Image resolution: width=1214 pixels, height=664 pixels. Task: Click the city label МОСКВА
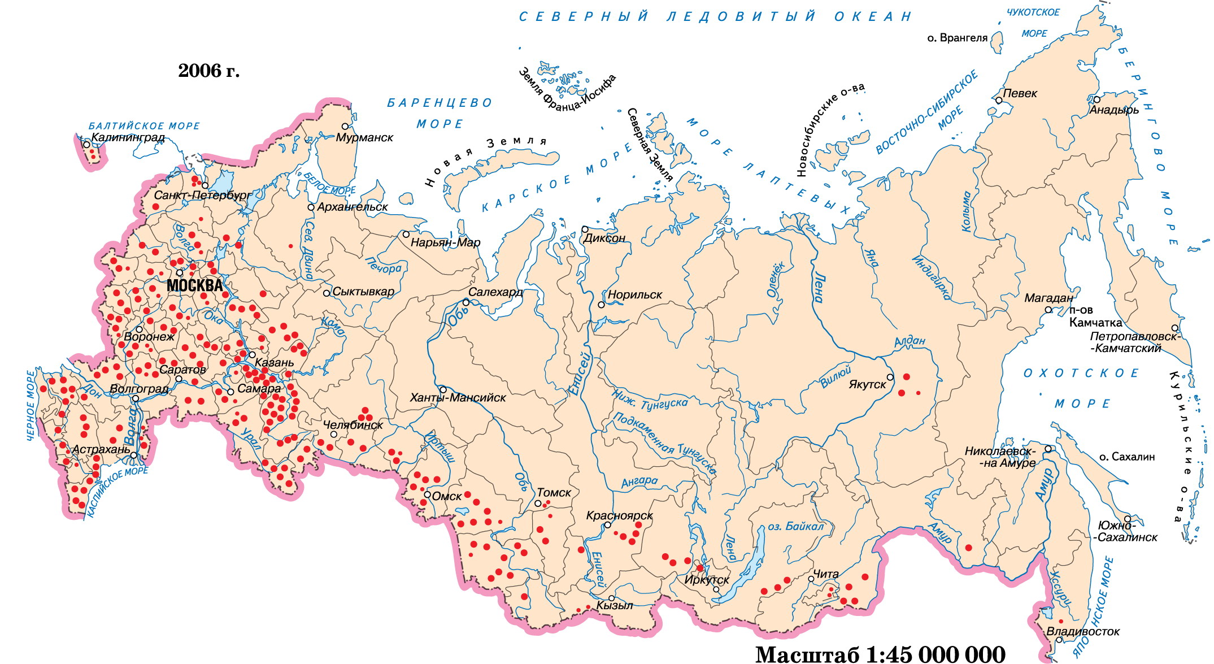pos(194,285)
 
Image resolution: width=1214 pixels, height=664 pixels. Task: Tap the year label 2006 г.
pos(208,71)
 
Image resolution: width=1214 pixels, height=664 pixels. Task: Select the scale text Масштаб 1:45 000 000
pos(880,654)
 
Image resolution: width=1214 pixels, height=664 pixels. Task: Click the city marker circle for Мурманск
pos(345,127)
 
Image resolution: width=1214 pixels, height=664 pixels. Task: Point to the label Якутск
pos(868,385)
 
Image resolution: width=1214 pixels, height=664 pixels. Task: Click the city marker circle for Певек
pos(999,101)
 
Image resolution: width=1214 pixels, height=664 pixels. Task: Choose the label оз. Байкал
pos(795,527)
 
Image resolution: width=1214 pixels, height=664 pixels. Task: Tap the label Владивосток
pos(1082,632)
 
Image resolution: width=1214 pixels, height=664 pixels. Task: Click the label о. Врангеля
pos(957,38)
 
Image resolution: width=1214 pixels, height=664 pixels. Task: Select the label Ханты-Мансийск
pos(458,398)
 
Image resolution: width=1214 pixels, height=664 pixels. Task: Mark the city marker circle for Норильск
pos(602,305)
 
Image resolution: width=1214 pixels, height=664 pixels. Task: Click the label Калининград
pos(128,137)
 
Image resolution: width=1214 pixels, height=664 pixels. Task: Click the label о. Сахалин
pos(1126,457)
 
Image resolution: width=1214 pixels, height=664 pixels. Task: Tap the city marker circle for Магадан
pos(1048,310)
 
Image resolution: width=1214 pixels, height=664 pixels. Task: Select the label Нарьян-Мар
pos(445,242)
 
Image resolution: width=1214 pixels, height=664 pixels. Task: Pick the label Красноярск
pos(619,515)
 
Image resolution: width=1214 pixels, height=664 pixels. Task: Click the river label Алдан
pos(910,341)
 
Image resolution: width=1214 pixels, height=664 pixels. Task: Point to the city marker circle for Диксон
pos(585,229)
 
